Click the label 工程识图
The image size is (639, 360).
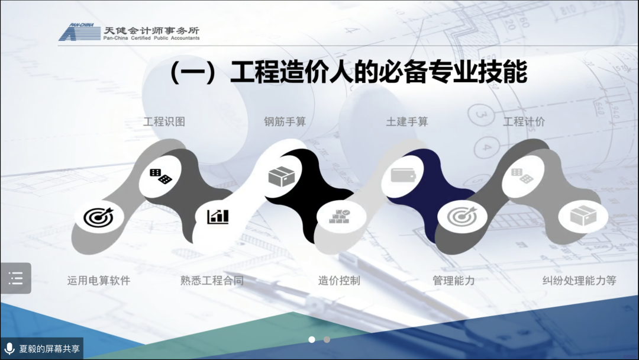pyautogui.click(x=164, y=121)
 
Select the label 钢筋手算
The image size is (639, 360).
pyautogui.click(x=285, y=121)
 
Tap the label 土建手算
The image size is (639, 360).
pyautogui.click(x=406, y=121)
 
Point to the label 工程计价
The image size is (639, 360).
pyautogui.click(x=524, y=121)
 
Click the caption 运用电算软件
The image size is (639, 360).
pyautogui.click(x=99, y=281)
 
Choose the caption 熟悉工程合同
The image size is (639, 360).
pyautogui.click(x=212, y=281)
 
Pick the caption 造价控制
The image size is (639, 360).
pyautogui.click(x=338, y=281)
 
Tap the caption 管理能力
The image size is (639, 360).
pyautogui.click(x=453, y=281)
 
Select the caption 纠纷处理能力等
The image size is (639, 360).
pyautogui.click(x=579, y=281)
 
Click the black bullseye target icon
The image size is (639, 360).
pyautogui.click(x=98, y=217)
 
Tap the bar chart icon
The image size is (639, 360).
pyautogui.click(x=218, y=217)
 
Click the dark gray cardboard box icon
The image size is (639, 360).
pyautogui.click(x=281, y=176)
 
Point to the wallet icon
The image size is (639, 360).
pyautogui.click(x=403, y=175)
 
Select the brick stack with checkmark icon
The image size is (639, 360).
pyautogui.click(x=340, y=217)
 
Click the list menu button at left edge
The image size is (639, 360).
pyautogui.click(x=16, y=278)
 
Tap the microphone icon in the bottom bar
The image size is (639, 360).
pyautogui.click(x=9, y=349)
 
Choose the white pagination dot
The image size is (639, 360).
pyautogui.click(x=312, y=339)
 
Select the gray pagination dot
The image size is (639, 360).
pyautogui.click(x=327, y=339)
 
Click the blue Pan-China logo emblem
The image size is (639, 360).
pyautogui.click(x=79, y=32)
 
